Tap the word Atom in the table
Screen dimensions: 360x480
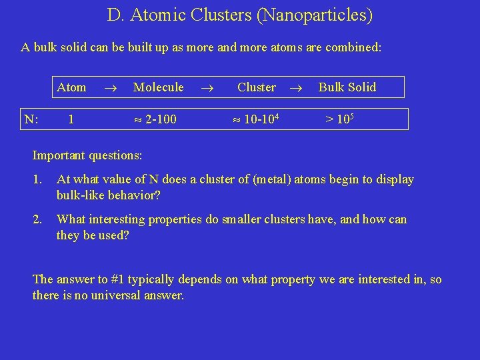pos(71,87)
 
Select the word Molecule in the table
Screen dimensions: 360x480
pos(158,87)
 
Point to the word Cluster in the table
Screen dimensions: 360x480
pos(256,87)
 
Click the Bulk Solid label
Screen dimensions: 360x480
pos(347,87)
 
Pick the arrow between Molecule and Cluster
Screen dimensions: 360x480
pos(208,87)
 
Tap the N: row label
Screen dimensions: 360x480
pos(31,120)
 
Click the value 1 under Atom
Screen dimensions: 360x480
pos(71,120)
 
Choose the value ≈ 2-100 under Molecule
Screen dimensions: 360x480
pos(155,120)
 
